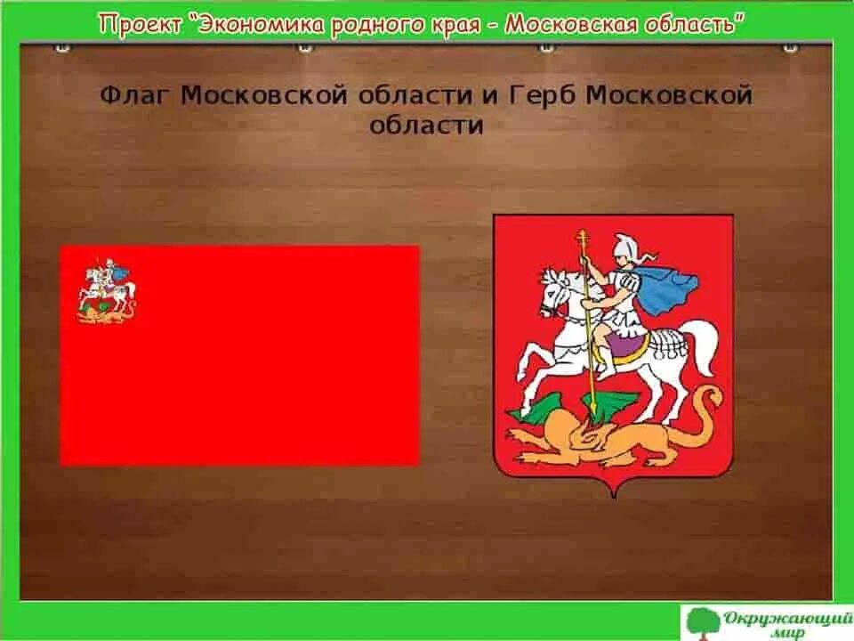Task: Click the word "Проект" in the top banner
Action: [x=137, y=24]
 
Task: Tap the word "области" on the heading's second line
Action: [x=427, y=125]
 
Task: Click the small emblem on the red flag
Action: [x=106, y=290]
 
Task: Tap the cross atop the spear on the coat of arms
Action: [x=584, y=239]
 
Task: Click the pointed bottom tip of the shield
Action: [x=613, y=493]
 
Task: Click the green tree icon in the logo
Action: [x=702, y=621]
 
